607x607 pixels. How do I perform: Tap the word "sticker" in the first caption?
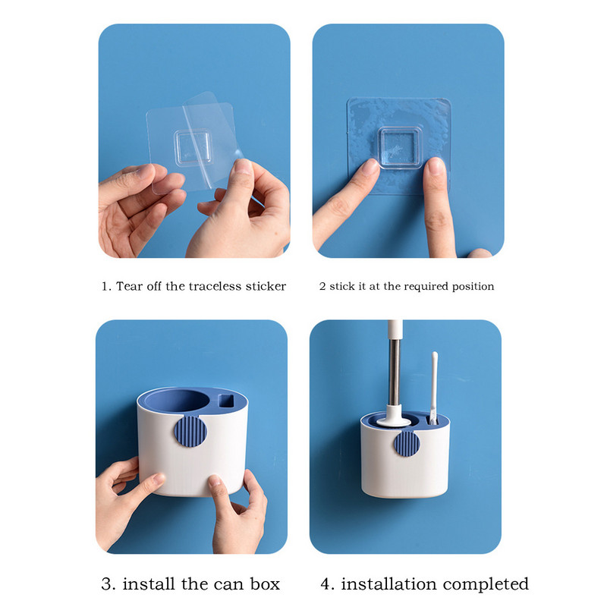coord(266,286)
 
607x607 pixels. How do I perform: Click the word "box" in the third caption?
coord(265,583)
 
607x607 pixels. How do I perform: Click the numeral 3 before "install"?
coord(106,583)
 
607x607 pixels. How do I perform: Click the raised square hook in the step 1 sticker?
coord(193,148)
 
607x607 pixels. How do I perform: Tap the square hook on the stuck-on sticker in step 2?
coord(399,147)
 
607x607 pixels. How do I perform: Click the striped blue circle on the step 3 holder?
coord(190,431)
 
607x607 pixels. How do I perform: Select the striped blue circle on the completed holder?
coord(407,444)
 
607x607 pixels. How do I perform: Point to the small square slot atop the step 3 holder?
coord(226,401)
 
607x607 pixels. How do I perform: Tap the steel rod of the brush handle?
coord(395,371)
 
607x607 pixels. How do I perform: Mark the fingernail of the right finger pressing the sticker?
coord(436,165)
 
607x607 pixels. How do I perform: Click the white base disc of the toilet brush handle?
coord(394,421)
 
